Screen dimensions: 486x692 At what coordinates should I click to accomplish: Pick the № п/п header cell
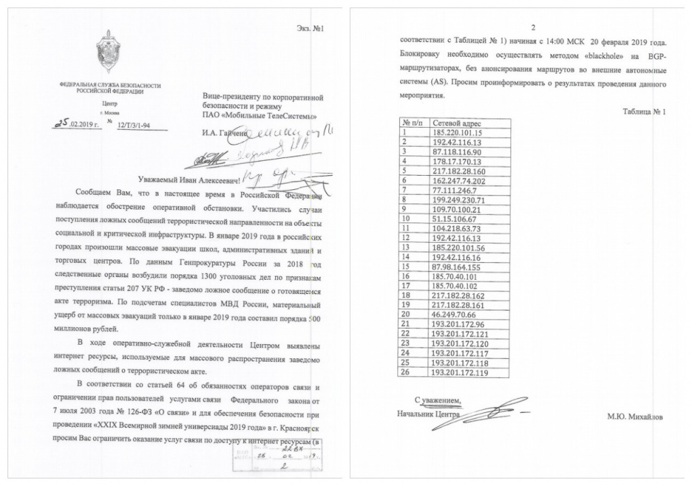[x=412, y=124]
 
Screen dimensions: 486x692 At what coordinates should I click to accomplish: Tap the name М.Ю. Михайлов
[x=635, y=417]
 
